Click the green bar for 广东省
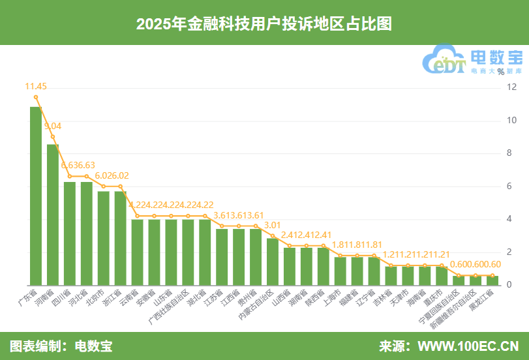[36, 196]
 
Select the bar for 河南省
[53, 215]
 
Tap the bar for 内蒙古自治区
[273, 262]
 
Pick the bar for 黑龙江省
[493, 280]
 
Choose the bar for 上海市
[340, 271]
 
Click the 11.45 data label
[36, 86]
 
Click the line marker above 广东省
[36, 97]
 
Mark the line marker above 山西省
[290, 246]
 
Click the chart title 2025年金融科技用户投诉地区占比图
[264, 23]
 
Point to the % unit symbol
[500, 72]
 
